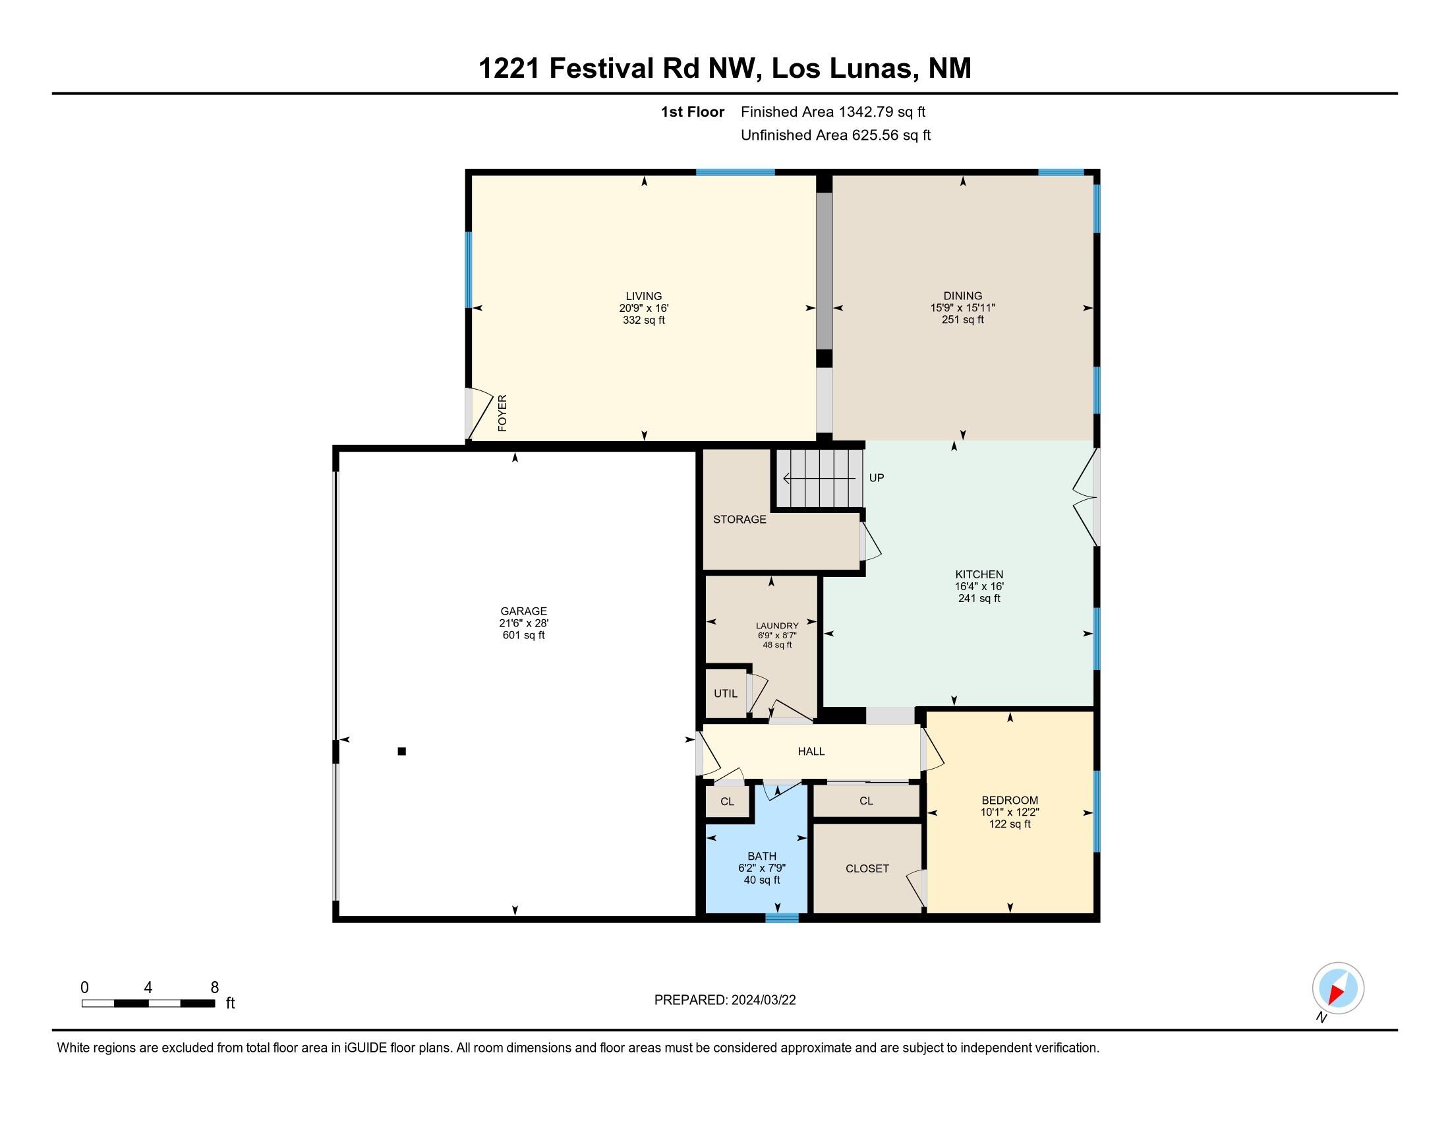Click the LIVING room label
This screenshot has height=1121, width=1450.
pos(643,296)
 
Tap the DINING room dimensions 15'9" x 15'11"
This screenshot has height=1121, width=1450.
pos(962,308)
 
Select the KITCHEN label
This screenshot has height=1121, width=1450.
pos(979,574)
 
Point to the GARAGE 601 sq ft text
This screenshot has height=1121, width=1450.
pos(523,636)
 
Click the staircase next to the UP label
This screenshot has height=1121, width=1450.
pos(821,478)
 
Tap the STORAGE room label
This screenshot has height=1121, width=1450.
pos(739,520)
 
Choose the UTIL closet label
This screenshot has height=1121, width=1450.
pos(725,693)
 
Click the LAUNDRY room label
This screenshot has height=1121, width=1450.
pos(777,626)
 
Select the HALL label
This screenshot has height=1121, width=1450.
pos(811,751)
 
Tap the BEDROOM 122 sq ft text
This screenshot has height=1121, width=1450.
pos(1009,824)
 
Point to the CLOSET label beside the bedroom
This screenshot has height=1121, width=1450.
pos(867,868)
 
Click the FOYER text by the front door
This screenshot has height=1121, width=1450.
pos(503,413)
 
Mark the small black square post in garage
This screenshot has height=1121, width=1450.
pos(401,751)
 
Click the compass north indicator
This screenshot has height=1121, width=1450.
pos(1338,988)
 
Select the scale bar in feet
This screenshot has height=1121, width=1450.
pos(148,1003)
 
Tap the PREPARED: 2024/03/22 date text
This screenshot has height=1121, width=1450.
pos(724,1000)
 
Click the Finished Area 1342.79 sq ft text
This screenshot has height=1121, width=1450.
pos(832,112)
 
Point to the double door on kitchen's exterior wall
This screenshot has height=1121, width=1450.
pos(1087,497)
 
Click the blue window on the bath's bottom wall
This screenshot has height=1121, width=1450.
pos(782,919)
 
